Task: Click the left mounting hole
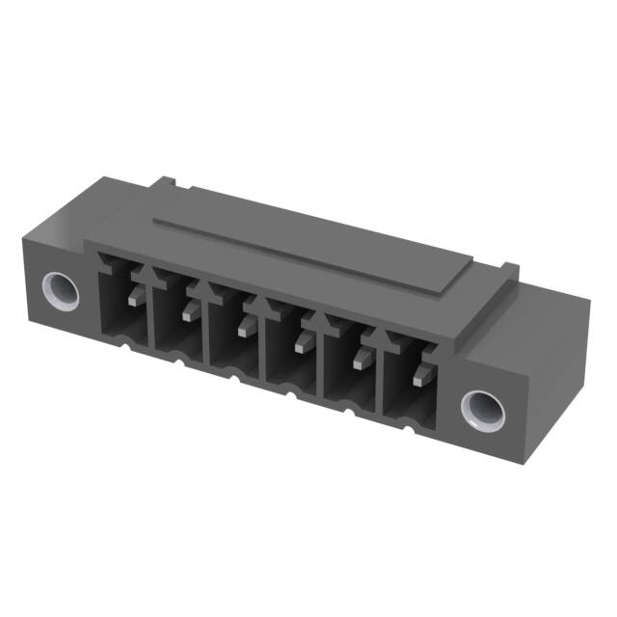[61, 286]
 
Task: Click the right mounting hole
[481, 410]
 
